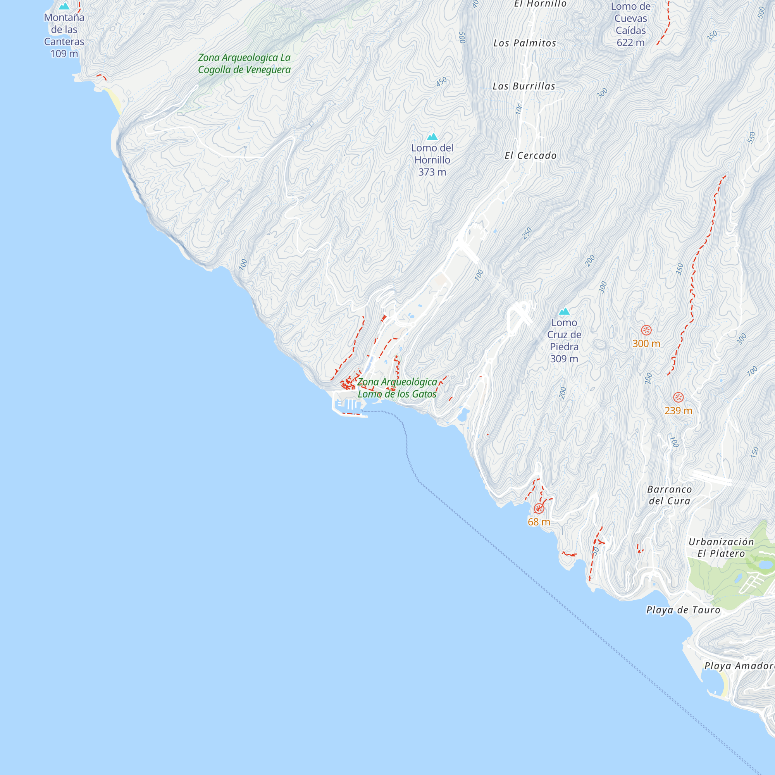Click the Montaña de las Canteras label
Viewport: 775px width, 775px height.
(x=64, y=35)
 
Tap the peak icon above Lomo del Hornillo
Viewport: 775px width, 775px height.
(x=432, y=137)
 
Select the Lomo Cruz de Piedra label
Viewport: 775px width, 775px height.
(x=564, y=340)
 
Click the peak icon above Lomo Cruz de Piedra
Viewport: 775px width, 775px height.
(x=564, y=311)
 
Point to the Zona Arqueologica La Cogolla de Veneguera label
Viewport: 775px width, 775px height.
(x=244, y=64)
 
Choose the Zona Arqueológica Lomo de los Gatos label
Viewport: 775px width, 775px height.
(x=397, y=388)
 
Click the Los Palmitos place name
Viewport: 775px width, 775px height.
(x=525, y=43)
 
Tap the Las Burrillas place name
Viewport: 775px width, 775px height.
(x=524, y=86)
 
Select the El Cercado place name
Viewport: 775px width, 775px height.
(x=530, y=156)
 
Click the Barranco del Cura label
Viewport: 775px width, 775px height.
(x=670, y=495)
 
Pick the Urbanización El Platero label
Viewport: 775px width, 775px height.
(x=721, y=548)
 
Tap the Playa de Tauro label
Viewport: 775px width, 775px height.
(x=683, y=610)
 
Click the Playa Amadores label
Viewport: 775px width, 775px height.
(x=739, y=666)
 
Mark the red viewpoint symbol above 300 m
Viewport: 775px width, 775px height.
(x=646, y=330)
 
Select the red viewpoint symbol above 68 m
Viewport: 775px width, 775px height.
(x=539, y=509)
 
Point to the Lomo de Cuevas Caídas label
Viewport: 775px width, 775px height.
(x=630, y=24)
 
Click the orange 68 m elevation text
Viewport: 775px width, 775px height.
(x=539, y=522)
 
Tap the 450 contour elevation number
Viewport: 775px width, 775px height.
(x=441, y=82)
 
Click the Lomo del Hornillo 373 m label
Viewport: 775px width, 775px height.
(x=432, y=160)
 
